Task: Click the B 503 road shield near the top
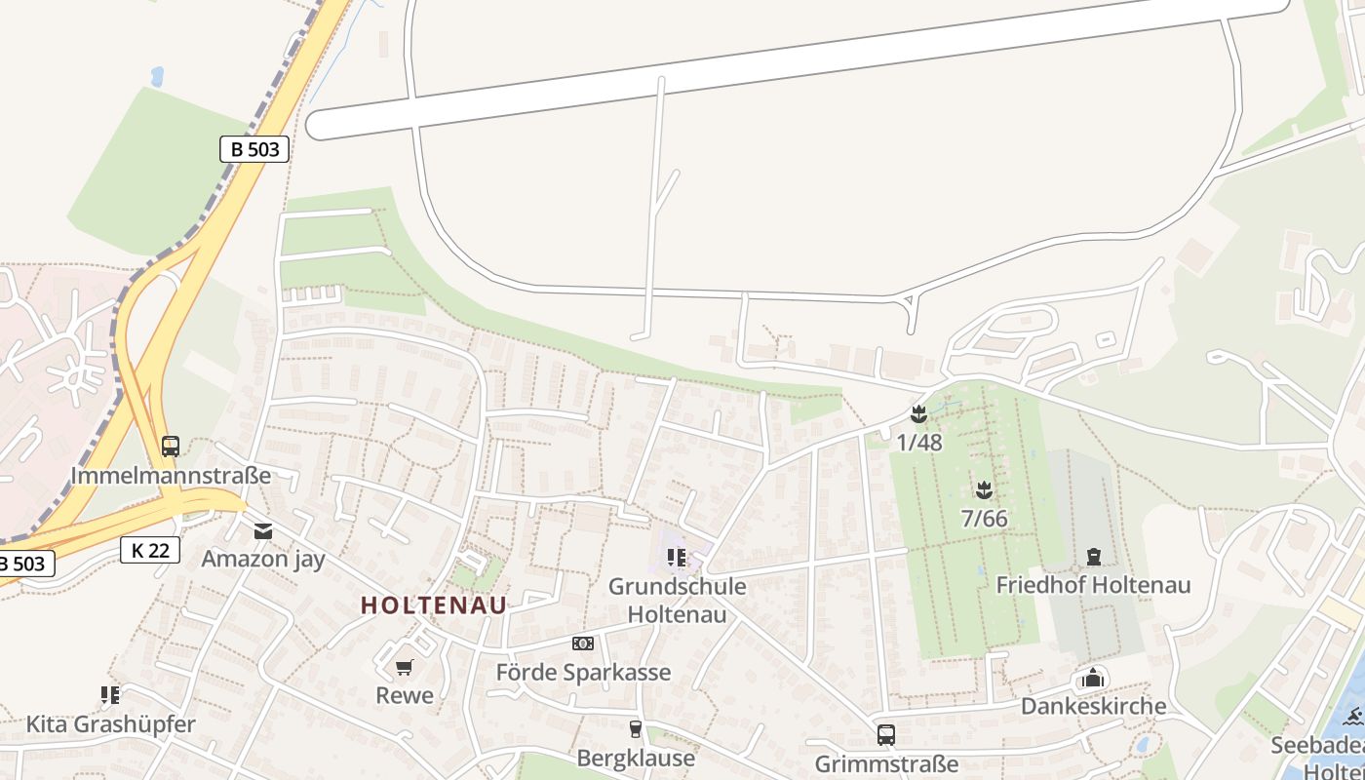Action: point(253,149)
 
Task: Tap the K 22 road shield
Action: point(151,550)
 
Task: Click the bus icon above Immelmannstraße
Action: point(171,447)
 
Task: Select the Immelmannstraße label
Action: point(171,477)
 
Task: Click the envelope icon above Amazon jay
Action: point(263,530)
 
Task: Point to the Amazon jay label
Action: point(263,559)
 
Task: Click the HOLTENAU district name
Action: point(434,605)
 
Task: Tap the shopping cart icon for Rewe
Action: point(405,668)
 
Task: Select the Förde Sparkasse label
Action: point(583,673)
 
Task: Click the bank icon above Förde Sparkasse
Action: point(583,643)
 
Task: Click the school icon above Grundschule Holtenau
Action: point(677,558)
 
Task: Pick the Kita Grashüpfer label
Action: point(110,724)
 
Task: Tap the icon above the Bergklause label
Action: point(636,728)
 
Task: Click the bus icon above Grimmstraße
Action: point(886,734)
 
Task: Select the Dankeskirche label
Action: point(1093,706)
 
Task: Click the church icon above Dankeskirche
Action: point(1093,678)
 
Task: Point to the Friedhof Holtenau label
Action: point(1093,585)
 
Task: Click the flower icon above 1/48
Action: point(918,413)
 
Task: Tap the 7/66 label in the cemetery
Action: point(984,519)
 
